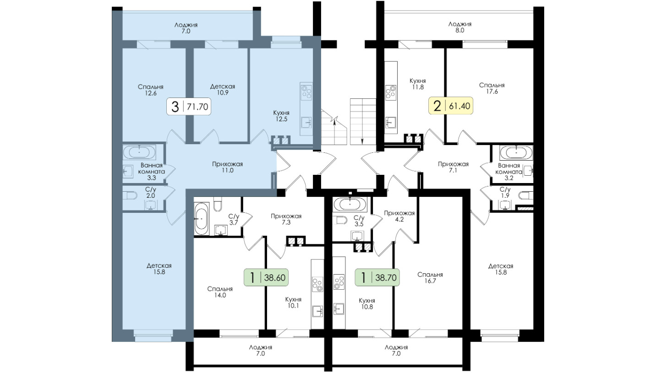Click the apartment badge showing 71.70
189,106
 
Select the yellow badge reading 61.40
451,105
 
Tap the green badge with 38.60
266,277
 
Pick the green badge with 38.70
377,277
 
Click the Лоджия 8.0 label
460,27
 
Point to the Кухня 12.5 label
281,116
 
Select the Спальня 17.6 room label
492,88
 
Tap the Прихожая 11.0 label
228,167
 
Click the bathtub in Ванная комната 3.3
139,152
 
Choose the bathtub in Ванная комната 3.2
516,152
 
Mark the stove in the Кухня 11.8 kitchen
391,93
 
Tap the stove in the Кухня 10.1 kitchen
317,284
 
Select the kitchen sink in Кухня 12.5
306,122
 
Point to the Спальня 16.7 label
430,278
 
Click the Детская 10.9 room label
223,90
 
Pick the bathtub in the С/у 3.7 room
201,218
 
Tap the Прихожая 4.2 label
399,216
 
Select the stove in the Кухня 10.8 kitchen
339,282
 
